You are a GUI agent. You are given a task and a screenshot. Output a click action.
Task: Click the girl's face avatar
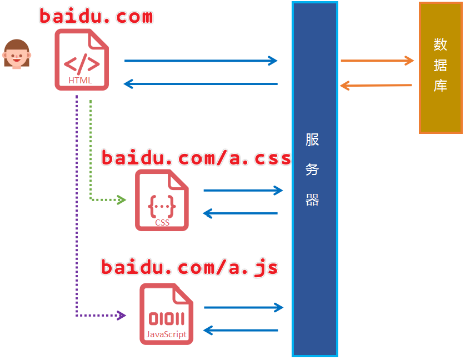pos(16,53)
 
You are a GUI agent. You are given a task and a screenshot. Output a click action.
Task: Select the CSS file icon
pos(162,200)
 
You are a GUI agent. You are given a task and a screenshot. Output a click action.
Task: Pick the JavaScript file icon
pos(166,314)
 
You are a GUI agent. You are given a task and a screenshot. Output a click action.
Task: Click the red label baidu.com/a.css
pos(196,158)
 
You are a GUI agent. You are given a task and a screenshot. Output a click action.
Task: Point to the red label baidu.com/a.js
pos(189,267)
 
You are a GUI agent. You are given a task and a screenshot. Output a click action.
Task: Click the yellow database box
pos(440,67)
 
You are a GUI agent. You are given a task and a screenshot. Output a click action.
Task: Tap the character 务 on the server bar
pos(312,170)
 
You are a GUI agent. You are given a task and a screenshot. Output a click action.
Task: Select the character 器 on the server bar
pos(312,200)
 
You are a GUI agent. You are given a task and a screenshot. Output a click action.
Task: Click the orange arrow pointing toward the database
pos(376,61)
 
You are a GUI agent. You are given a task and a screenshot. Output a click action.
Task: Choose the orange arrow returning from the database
pos(376,85)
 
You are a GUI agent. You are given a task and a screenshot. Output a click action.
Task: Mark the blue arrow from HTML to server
pos(200,61)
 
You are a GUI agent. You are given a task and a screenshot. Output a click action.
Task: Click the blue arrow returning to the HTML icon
pos(200,84)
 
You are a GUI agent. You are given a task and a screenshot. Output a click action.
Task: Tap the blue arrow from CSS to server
pos(243,190)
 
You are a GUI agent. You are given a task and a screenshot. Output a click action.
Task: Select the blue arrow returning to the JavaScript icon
pos(241,331)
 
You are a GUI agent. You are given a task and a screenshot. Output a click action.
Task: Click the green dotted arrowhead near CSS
pos(121,200)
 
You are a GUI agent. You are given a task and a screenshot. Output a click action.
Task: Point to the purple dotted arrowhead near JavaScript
pos(121,316)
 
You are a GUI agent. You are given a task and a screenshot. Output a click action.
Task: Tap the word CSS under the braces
pos(162,222)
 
